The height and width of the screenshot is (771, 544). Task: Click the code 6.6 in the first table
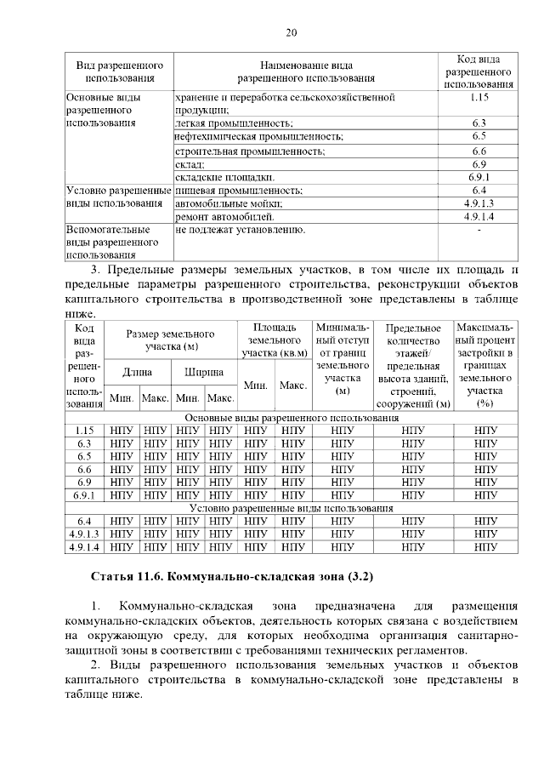click(479, 151)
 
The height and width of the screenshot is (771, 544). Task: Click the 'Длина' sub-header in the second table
click(138, 372)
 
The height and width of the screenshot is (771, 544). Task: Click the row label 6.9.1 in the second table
click(83, 494)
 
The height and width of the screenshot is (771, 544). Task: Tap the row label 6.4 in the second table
click(83, 521)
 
